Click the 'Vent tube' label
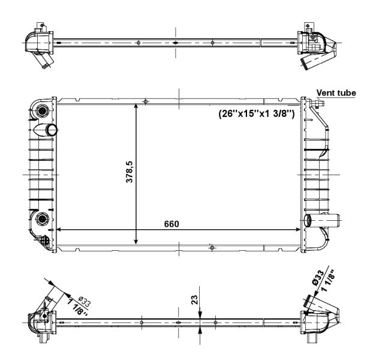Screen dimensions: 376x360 click(x=336, y=92)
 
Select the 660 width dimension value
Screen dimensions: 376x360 click(x=172, y=224)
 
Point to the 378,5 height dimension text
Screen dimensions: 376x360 click(x=130, y=172)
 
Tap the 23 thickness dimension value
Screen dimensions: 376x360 click(x=195, y=300)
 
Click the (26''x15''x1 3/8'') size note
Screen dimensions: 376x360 click(x=256, y=113)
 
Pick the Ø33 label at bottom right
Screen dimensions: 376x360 click(x=318, y=278)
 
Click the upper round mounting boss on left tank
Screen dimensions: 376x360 click(x=42, y=111)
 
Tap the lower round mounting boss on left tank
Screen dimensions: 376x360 click(x=42, y=218)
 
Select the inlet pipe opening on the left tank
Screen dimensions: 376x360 click(x=52, y=130)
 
